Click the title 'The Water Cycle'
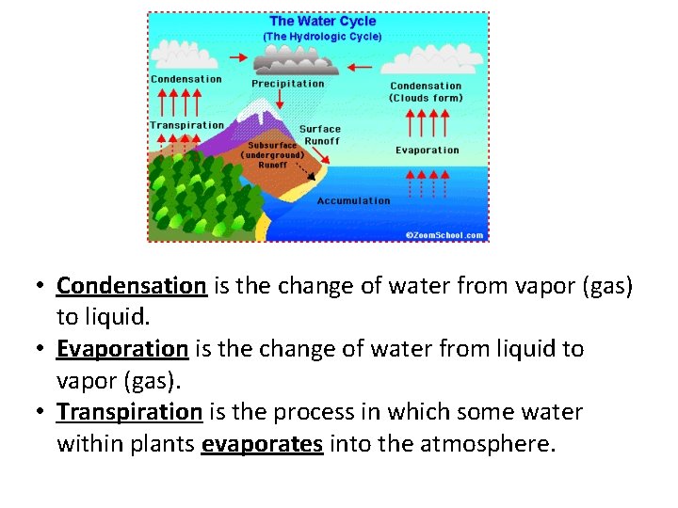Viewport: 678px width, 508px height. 322,22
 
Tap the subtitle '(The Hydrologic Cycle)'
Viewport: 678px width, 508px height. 322,37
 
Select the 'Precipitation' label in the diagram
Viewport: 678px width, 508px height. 287,84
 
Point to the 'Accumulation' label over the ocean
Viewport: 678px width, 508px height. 353,200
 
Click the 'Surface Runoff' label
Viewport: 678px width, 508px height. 320,135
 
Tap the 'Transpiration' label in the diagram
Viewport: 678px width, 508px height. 186,125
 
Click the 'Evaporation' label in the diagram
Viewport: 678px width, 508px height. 427,151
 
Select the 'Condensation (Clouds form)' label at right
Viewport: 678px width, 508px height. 426,91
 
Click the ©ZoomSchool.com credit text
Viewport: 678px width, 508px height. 444,234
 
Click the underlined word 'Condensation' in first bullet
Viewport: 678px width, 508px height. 131,285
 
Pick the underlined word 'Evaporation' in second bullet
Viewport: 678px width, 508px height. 122,349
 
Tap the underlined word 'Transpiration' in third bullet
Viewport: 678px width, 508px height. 130,412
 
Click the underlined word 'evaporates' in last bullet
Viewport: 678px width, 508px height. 263,444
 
